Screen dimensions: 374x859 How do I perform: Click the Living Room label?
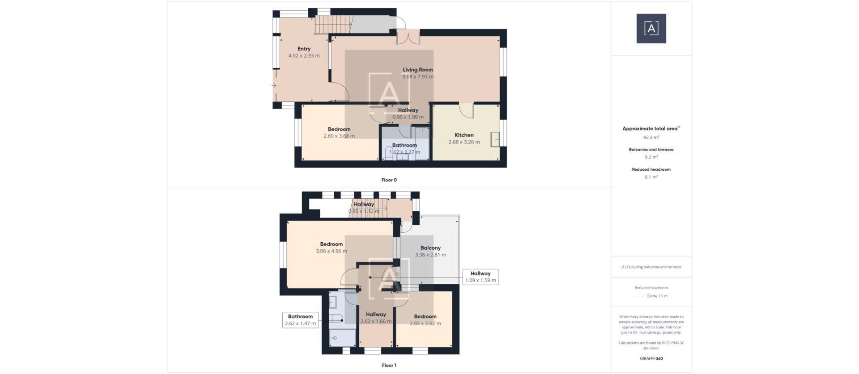point(417,70)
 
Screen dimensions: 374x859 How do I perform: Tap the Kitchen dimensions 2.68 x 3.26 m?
point(464,142)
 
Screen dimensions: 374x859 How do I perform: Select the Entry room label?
point(304,49)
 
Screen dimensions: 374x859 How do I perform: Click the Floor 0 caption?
point(389,180)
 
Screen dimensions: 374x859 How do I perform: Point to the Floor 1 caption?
point(389,366)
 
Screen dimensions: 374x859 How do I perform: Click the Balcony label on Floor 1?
point(430,248)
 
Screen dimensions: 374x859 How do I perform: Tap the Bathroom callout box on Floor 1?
point(300,320)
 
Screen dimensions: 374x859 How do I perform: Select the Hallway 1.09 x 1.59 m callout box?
point(481,277)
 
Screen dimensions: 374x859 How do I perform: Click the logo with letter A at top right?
point(651,29)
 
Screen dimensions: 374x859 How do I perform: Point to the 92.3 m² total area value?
point(651,138)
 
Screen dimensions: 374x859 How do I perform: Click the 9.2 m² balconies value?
point(651,157)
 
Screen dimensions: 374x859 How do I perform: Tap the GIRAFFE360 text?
point(651,358)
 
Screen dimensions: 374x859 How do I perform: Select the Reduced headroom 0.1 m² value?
point(651,177)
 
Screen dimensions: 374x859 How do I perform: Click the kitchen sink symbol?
point(495,139)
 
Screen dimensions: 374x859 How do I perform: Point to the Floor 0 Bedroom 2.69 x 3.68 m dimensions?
point(339,136)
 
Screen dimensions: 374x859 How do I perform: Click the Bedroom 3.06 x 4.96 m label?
point(331,244)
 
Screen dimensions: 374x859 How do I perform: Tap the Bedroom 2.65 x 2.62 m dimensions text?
point(425,324)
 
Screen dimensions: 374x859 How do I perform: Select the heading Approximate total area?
point(650,129)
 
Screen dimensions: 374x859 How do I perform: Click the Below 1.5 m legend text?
point(657,296)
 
